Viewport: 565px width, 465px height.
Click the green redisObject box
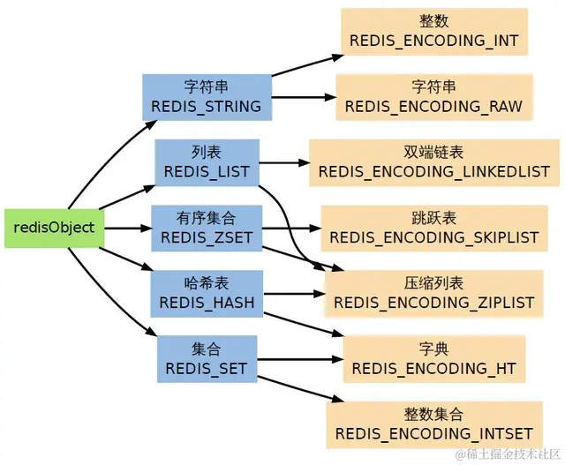55,228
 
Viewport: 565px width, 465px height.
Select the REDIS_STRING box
207,97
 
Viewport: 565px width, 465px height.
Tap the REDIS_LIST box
207,163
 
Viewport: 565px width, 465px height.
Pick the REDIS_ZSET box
207,228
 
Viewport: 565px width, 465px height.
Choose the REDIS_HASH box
207,294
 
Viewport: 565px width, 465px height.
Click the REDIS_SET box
207,359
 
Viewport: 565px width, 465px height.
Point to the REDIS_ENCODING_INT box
434,32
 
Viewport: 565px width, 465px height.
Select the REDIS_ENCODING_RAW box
434,97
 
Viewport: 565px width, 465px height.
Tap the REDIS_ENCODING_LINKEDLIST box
434,163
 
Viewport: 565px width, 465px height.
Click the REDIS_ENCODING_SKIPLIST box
434,228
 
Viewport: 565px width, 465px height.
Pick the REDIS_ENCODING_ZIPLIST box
433,294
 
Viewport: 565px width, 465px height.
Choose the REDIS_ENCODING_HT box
434,359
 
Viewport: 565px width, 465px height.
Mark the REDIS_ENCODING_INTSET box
434,424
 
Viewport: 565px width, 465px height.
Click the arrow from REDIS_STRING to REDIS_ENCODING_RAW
304,97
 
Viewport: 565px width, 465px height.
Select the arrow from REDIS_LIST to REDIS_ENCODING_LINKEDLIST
284,163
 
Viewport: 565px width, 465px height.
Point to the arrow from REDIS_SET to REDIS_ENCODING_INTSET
300,389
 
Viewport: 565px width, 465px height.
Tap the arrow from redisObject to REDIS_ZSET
127,228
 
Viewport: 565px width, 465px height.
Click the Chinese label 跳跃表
433,218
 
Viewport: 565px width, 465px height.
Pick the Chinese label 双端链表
433,153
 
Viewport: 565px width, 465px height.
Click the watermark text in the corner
508,454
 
